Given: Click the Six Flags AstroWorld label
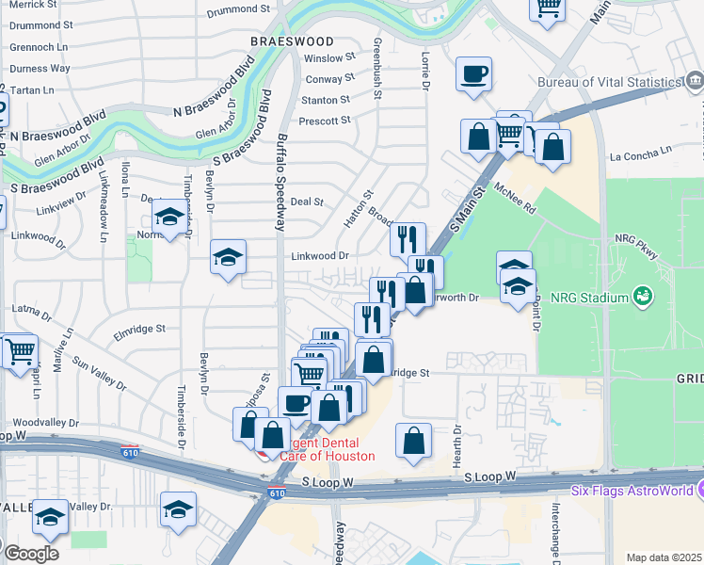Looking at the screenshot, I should pos(632,491).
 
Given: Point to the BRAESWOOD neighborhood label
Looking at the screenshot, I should pos(292,41).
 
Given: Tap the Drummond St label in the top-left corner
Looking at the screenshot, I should pos(40,24).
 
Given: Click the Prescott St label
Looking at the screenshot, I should pos(324,121).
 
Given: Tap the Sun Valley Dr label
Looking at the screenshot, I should pos(99,374).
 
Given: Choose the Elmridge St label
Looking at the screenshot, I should pos(139,330).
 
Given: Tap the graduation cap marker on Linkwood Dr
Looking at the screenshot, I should pos(228,258).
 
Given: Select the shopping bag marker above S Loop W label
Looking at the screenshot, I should pos(413,442).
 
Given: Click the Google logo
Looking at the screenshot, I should pos(31,553).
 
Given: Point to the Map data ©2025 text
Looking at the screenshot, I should pos(664,557).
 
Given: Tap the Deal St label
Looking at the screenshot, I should pos(307,202).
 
